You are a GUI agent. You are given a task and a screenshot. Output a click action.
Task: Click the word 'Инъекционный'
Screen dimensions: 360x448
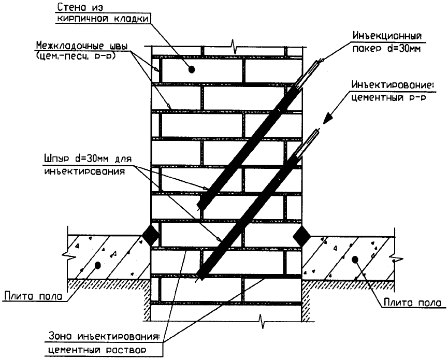[x=387, y=36]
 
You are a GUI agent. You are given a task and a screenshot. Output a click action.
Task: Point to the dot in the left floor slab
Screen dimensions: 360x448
[x=98, y=266]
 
